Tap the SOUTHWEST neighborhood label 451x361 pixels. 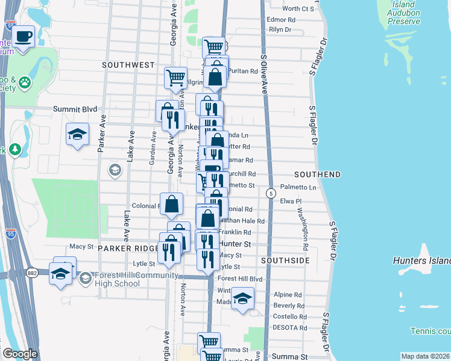pyautogui.click(x=128, y=64)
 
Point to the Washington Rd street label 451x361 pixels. pyautogui.click(x=303, y=229)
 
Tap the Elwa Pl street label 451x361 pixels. pyautogui.click(x=291, y=202)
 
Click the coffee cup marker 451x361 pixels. pyautogui.click(x=24, y=37)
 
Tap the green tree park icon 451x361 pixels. pyautogui.click(x=14, y=149)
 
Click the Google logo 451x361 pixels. pyautogui.click(x=19, y=354)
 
